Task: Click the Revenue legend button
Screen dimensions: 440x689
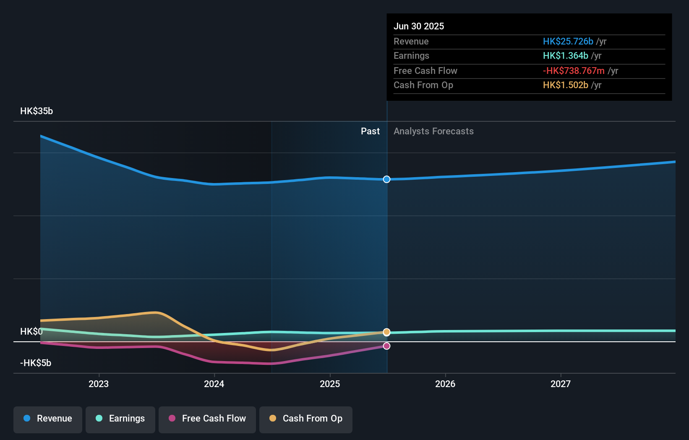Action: pos(48,419)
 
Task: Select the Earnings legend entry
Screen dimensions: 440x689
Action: pos(120,419)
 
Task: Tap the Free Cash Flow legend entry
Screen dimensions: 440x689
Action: pos(207,419)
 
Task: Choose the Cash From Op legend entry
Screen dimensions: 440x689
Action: pos(306,419)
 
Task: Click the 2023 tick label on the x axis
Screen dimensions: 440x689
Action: pos(99,384)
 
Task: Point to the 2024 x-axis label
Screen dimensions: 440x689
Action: pos(214,384)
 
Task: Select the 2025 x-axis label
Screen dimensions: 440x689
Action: pos(330,384)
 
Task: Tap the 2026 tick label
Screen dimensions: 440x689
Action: pos(445,384)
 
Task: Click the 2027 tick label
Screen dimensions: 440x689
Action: pos(561,384)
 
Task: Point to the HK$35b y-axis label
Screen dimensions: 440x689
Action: pos(37,111)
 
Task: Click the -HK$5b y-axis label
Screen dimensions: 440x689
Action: pos(36,363)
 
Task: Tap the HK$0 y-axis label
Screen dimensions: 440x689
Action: pos(31,332)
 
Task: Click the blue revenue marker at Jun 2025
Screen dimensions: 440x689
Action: pos(386,179)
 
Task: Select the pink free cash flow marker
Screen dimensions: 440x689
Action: pos(386,346)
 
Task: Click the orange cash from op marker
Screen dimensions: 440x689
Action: pos(386,332)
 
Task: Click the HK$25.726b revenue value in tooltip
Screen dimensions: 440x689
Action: pos(568,42)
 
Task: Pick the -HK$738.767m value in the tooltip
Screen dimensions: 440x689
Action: pos(573,71)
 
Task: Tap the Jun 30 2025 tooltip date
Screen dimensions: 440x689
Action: pos(418,26)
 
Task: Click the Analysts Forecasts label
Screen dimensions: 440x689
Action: pos(433,131)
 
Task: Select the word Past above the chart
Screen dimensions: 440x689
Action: pos(370,131)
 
